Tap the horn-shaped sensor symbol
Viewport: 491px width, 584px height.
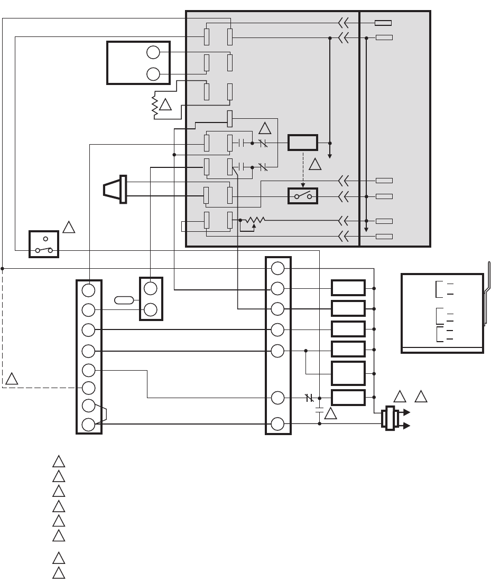click(115, 189)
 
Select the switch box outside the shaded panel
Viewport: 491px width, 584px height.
click(44, 243)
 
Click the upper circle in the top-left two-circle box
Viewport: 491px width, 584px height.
click(153, 52)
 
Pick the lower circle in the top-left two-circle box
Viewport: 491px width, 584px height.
click(153, 74)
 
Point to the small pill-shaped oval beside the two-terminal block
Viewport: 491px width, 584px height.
click(124, 300)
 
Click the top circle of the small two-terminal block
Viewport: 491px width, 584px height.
click(151, 288)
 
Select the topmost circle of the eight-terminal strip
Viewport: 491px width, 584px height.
click(88, 290)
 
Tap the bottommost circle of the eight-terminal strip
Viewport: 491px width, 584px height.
click(88, 424)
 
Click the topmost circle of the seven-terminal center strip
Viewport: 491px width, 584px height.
click(278, 268)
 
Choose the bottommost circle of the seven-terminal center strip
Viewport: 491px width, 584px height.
click(278, 424)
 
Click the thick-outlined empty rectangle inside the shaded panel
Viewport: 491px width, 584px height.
click(303, 143)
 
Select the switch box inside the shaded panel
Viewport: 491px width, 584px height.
click(303, 196)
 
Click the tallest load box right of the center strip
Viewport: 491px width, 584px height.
click(348, 373)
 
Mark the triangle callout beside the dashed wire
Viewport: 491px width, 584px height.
click(12, 379)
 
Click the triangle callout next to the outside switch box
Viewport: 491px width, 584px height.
click(69, 228)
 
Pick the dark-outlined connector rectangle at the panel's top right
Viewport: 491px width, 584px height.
click(383, 23)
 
